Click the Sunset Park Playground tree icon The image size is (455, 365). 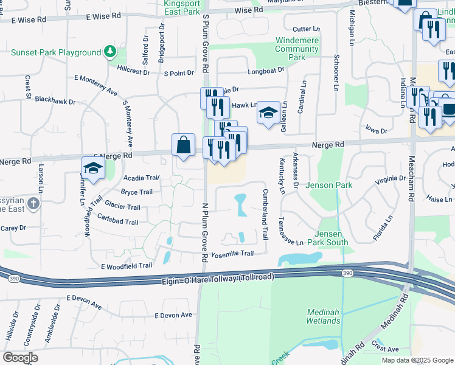point(110,52)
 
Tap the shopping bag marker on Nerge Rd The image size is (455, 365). point(183,145)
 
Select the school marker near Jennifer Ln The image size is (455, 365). point(93,169)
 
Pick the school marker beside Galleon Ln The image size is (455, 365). point(268,113)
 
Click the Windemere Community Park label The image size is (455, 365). point(290,49)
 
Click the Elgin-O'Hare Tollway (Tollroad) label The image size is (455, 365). point(218,277)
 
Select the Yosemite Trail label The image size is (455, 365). point(231,253)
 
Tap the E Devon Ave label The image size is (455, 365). point(173,315)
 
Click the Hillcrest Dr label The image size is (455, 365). point(133,71)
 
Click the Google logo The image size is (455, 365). point(20,358)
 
